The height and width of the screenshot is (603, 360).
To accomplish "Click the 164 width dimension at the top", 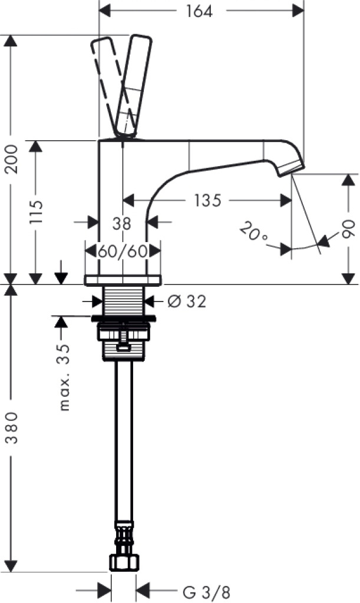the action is [199, 11].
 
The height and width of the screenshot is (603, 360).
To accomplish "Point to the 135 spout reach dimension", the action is [207, 200].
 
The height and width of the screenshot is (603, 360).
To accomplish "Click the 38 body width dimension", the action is [121, 223].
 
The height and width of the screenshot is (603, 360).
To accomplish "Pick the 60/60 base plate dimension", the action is [123, 251].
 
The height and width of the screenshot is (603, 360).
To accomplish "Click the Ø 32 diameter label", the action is [187, 301].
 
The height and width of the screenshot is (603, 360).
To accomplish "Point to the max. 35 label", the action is [64, 377].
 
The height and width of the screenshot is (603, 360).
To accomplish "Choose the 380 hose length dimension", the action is [12, 428].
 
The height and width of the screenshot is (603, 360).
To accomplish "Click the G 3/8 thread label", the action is [207, 592].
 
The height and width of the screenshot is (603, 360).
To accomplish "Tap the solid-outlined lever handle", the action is [134, 86].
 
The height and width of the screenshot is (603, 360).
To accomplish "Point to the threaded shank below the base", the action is [123, 300].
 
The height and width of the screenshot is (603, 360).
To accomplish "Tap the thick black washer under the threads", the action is [124, 319].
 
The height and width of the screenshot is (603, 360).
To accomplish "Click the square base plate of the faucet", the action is [123, 280].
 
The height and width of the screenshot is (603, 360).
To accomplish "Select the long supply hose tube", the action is [124, 441].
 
